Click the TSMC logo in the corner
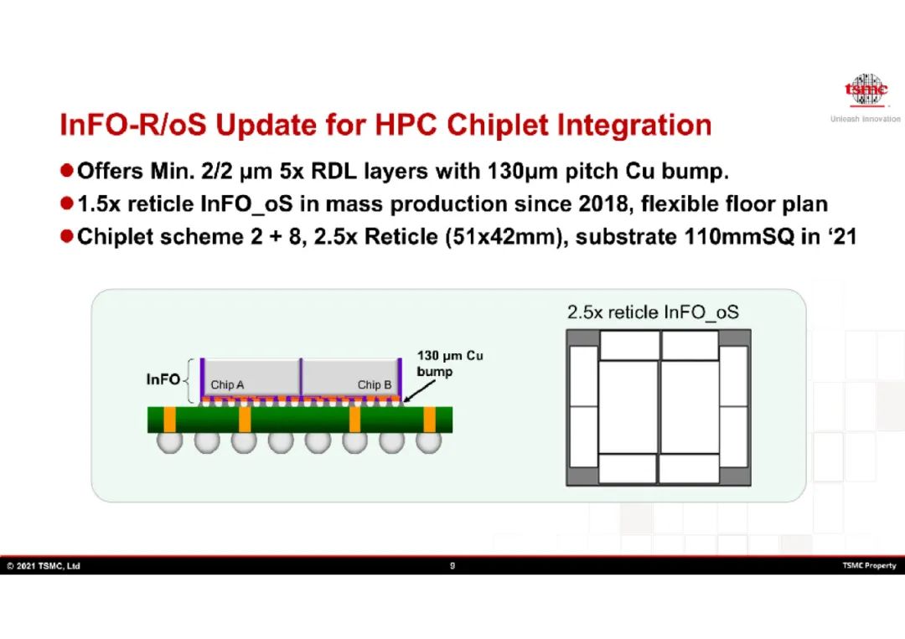[866, 90]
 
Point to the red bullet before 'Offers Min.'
[67, 170]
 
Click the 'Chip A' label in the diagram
[227, 384]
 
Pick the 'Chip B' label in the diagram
[374, 384]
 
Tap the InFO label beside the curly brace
[163, 379]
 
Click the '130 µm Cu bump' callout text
[450, 363]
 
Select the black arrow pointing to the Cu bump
[419, 391]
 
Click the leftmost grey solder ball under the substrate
[169, 441]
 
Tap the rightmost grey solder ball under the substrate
[428, 441]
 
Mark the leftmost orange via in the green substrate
[169, 420]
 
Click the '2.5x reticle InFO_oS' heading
[653, 312]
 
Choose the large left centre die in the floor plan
[628, 406]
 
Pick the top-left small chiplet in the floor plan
[629, 345]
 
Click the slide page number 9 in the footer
[452, 566]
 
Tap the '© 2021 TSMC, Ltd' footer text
[44, 566]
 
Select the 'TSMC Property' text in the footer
[869, 566]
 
